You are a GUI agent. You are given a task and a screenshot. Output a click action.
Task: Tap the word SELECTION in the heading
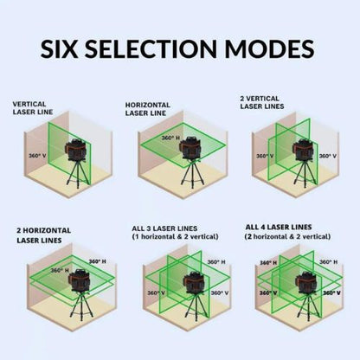click(160, 48)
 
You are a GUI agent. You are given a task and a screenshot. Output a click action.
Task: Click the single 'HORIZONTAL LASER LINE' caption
click(150, 107)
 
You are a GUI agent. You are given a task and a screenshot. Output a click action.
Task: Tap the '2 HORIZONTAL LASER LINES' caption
click(43, 235)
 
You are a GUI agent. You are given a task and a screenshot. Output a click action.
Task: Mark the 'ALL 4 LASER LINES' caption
click(276, 226)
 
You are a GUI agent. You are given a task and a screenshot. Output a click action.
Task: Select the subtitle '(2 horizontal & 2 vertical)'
click(287, 235)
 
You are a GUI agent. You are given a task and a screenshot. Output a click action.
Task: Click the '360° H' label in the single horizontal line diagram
click(170, 138)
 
